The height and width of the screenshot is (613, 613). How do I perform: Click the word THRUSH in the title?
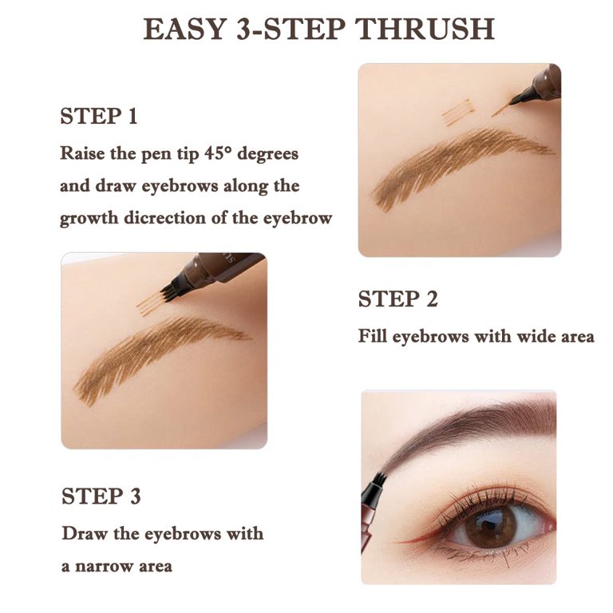[x=425, y=29]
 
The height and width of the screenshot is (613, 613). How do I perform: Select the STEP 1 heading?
[x=99, y=116]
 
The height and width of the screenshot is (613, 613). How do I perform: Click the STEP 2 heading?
[x=398, y=299]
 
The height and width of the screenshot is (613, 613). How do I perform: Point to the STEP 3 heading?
[x=101, y=496]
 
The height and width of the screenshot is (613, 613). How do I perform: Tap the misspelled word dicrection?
[x=165, y=217]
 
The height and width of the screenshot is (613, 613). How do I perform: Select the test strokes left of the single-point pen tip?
[x=458, y=112]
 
